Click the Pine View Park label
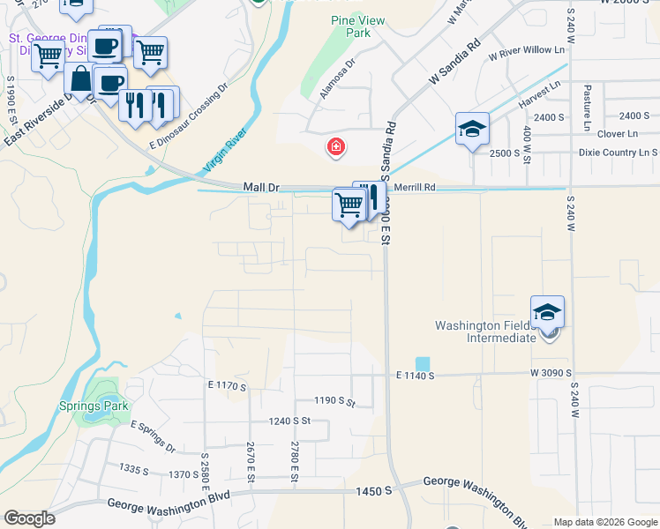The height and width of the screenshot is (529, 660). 350,26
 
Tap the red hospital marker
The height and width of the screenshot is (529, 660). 335,146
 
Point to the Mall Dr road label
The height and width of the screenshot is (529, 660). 260,187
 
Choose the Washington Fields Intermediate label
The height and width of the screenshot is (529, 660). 485,332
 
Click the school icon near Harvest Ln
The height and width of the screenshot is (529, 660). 472,130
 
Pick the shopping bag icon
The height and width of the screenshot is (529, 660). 80,79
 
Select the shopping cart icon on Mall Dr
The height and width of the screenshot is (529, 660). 349,205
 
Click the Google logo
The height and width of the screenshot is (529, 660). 29,518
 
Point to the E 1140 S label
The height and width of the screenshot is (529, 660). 409,376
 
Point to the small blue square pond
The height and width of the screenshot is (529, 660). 422,363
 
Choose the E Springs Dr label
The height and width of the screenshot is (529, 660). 154,436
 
